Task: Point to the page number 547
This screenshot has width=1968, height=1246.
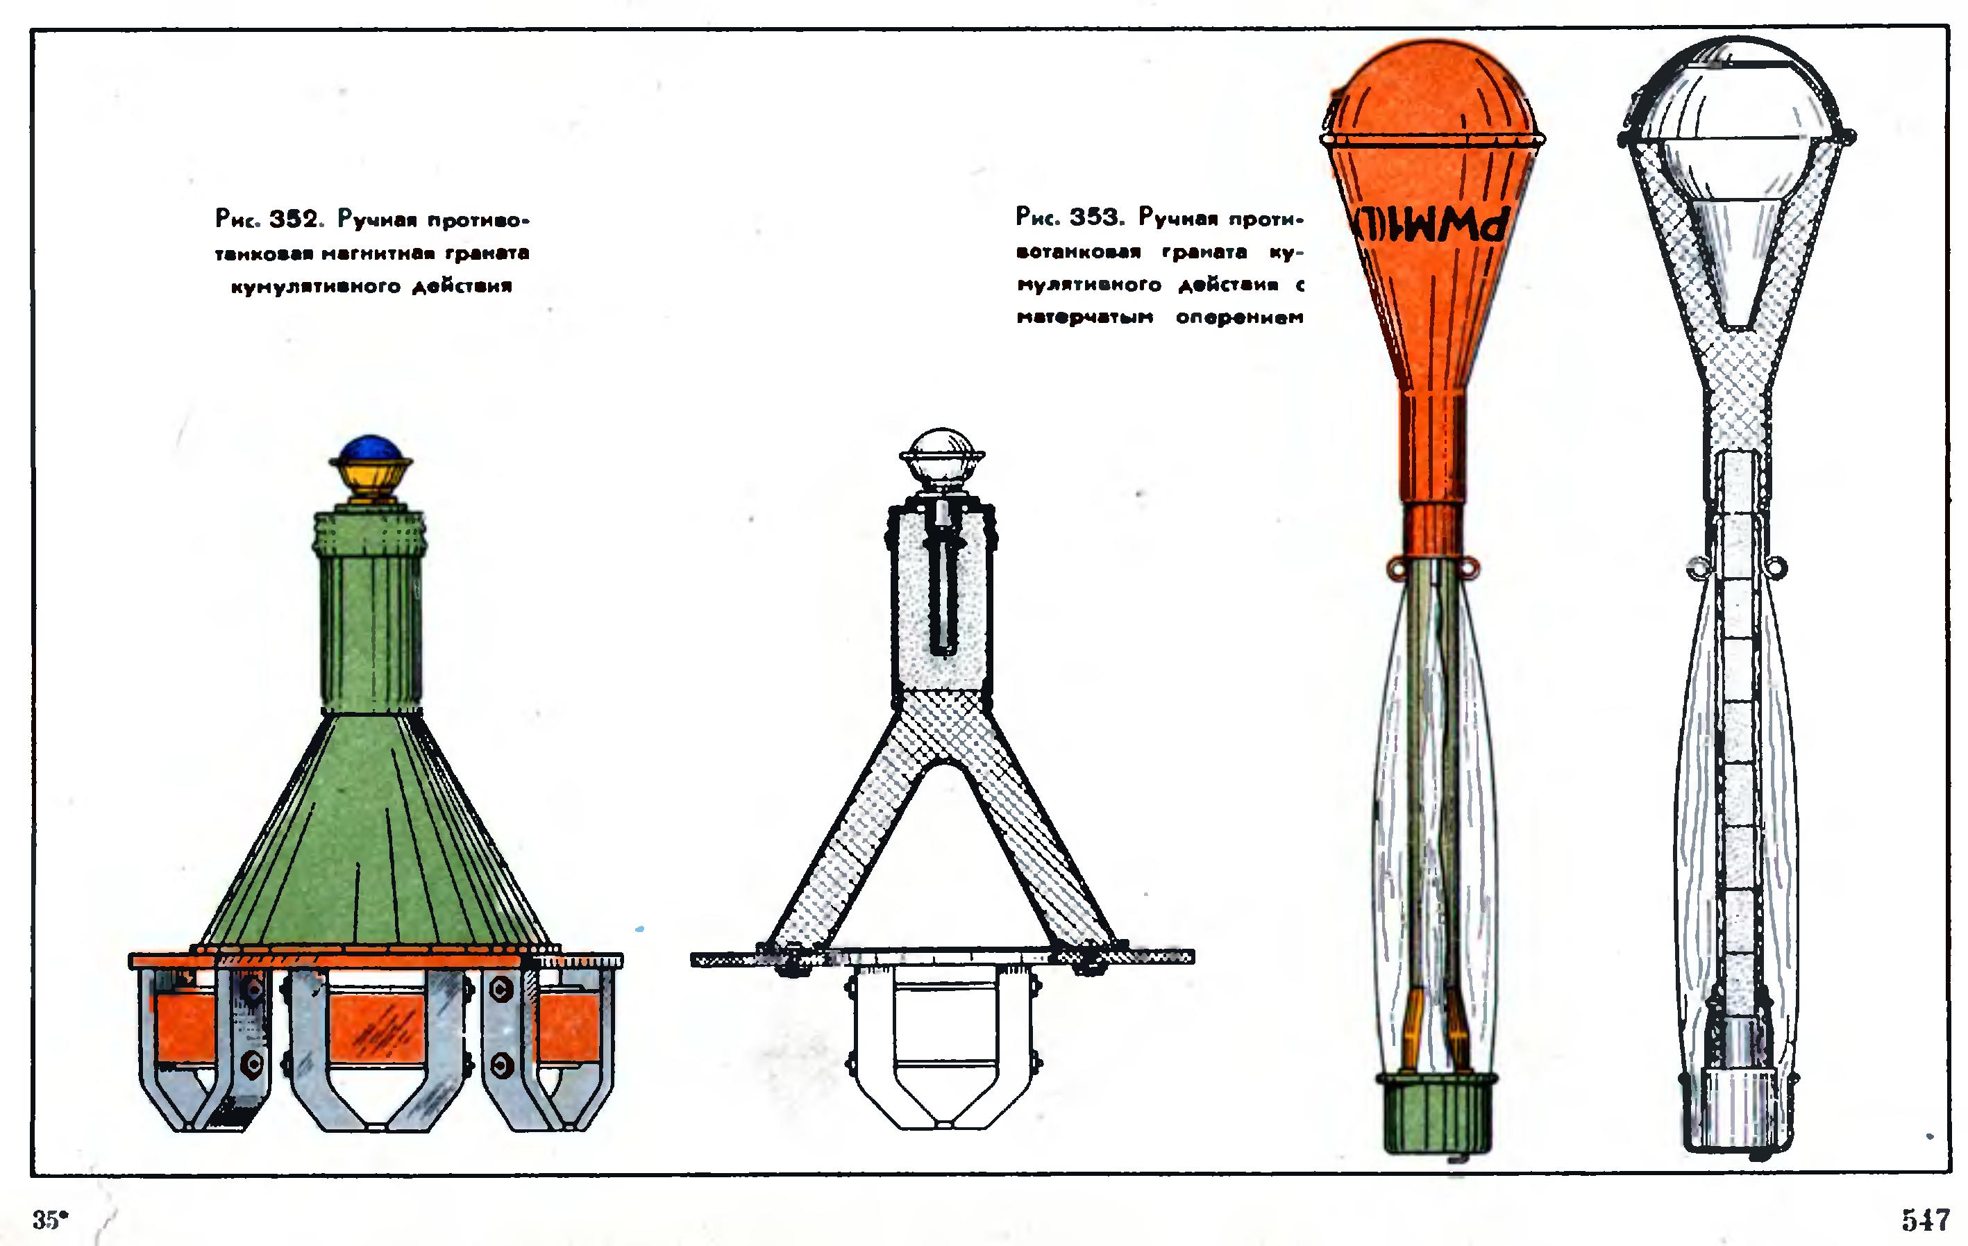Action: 1925,1221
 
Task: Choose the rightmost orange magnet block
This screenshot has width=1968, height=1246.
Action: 568,1028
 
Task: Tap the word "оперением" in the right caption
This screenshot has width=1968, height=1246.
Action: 1240,318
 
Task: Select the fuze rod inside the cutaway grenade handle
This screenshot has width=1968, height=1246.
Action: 942,577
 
